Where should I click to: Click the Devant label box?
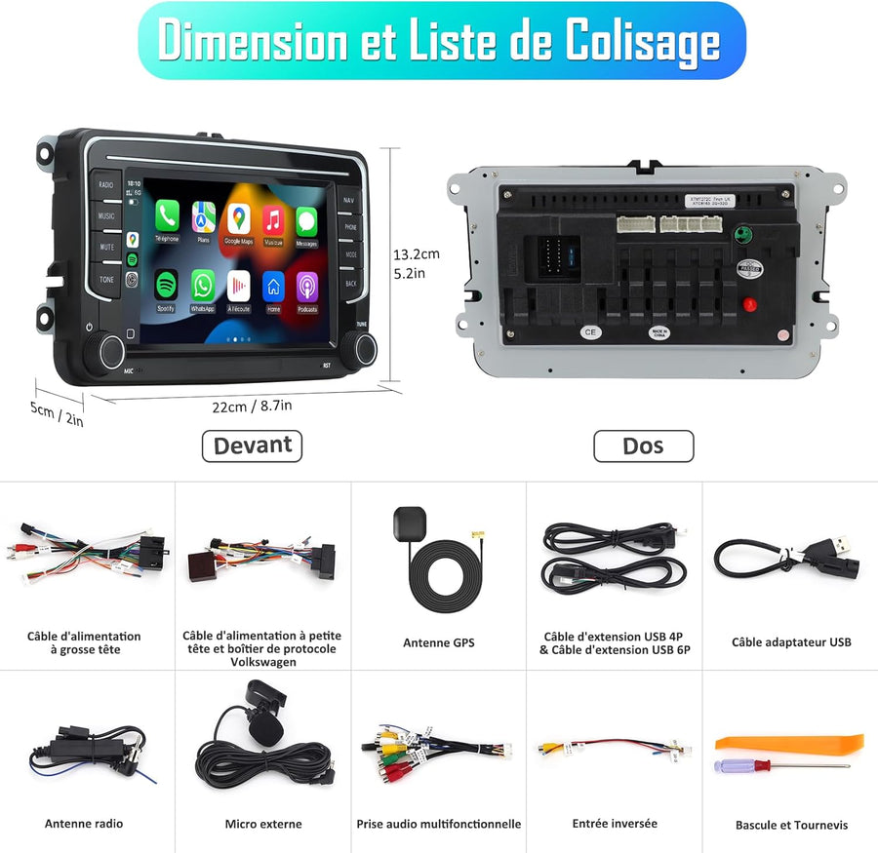[252, 446]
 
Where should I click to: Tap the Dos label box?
[643, 446]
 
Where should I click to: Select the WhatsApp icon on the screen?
[203, 286]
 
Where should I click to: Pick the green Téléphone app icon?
[167, 215]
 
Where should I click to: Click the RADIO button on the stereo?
[105, 185]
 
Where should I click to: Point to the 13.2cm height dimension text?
[416, 254]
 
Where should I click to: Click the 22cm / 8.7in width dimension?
[253, 406]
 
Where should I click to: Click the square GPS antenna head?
[406, 523]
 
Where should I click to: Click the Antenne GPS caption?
[438, 643]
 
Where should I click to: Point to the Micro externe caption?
[262, 825]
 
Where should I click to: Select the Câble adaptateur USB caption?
[791, 642]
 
